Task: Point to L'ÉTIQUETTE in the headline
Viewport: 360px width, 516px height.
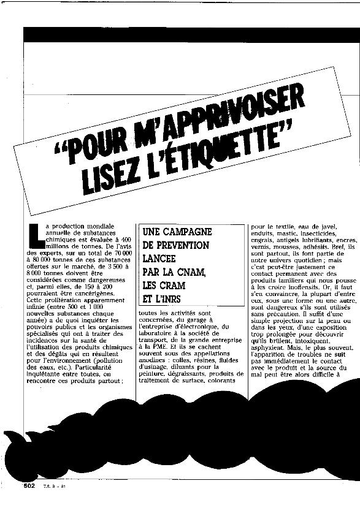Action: point(221,154)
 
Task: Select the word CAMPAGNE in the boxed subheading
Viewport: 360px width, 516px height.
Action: point(178,232)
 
